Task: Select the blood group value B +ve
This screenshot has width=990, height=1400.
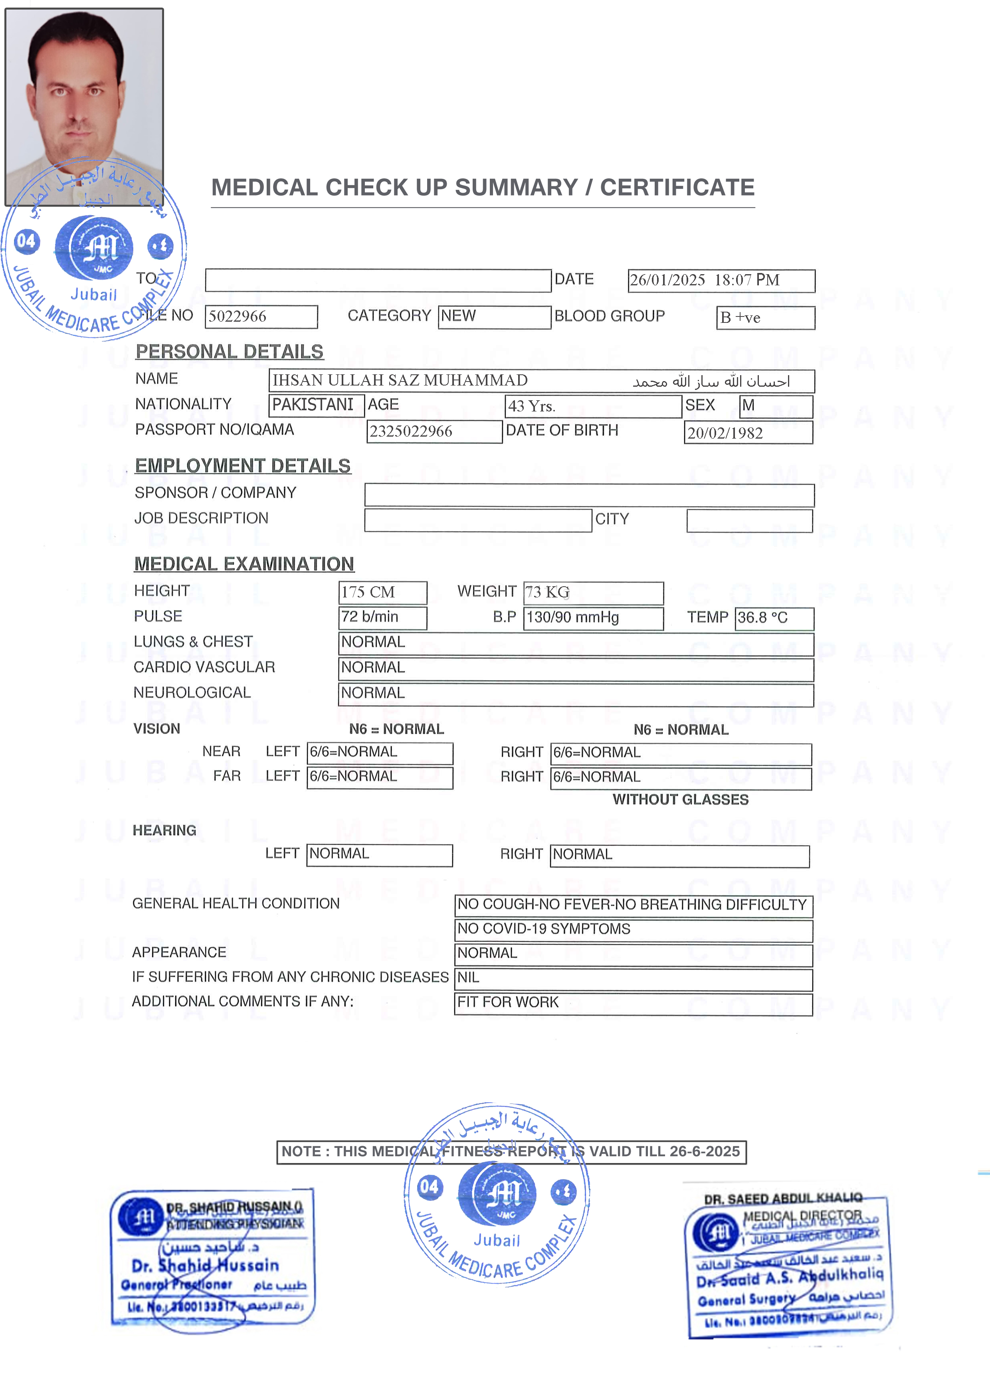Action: [740, 318]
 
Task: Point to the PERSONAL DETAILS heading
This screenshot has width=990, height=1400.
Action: [230, 352]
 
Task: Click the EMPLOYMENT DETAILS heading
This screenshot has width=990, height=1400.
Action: [243, 466]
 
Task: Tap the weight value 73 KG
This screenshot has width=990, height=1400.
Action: [547, 592]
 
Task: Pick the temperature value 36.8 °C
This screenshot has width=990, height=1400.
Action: [762, 618]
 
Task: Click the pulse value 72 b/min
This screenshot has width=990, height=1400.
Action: [370, 617]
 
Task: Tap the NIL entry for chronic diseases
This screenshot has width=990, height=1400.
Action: [469, 977]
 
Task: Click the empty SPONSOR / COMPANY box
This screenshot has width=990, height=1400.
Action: [589, 495]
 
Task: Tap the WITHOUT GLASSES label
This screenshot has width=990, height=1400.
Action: [680, 800]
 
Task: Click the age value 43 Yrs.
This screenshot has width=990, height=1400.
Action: [531, 407]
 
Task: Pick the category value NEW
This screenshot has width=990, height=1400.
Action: [458, 316]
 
